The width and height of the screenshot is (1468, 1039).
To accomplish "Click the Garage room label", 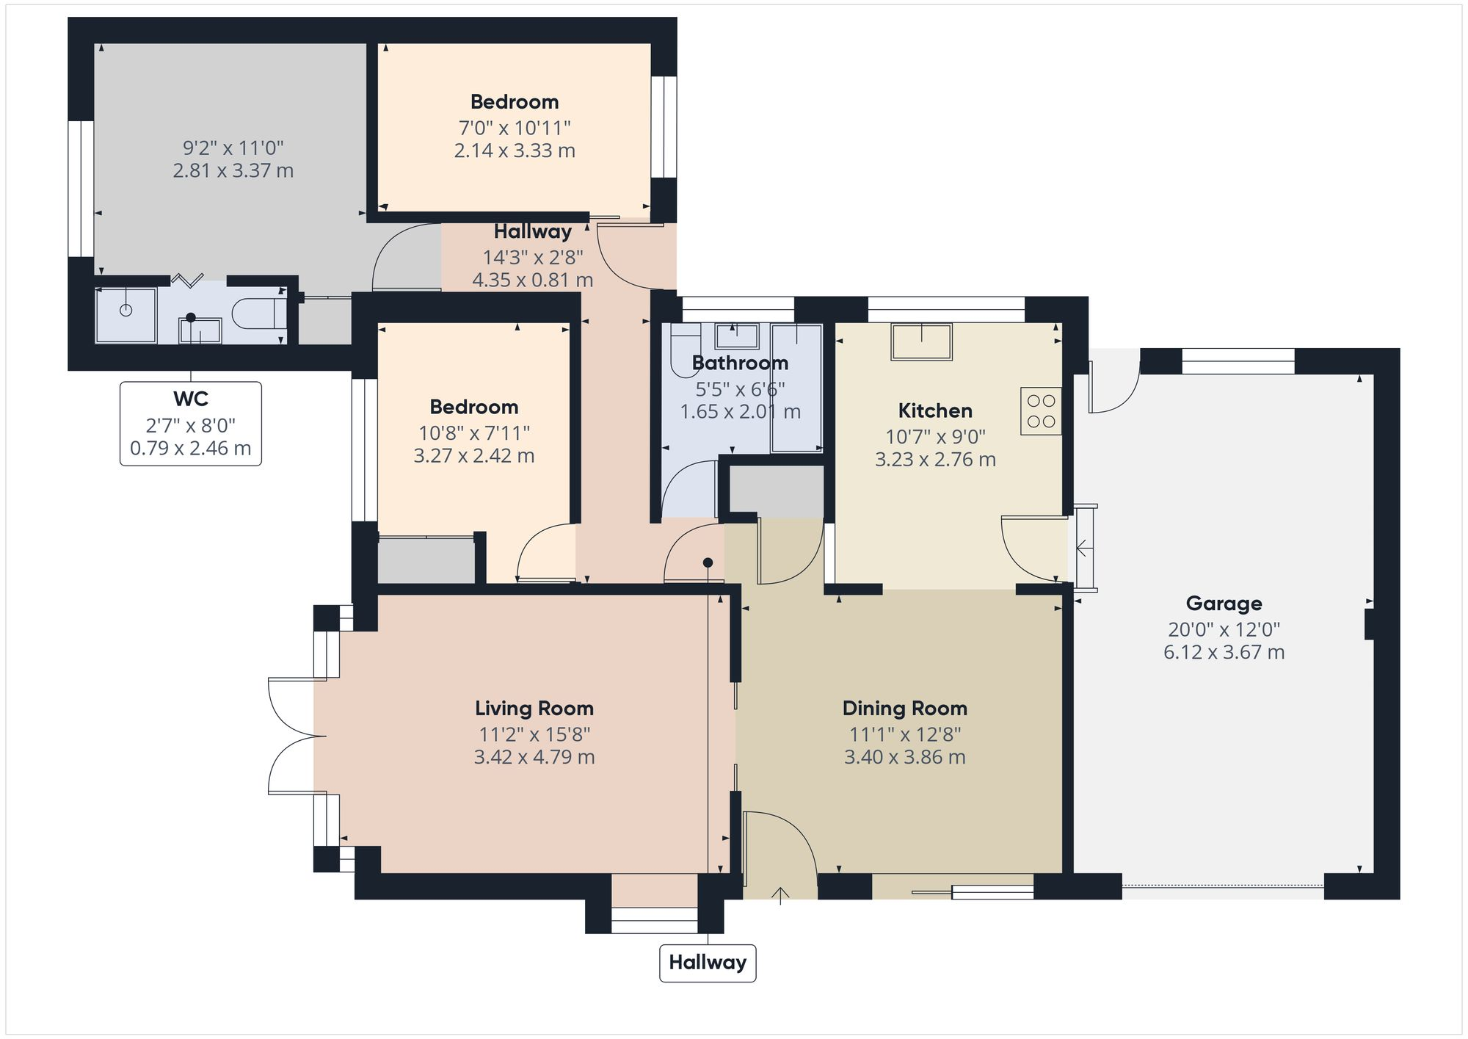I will point(1224,604).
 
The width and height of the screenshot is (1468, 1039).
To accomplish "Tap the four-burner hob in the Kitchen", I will point(1041,411).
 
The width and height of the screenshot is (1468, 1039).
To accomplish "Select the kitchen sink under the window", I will point(921,341).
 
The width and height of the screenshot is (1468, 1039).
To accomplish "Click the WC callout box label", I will point(191,399).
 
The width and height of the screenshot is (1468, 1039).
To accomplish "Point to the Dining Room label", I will point(904,709).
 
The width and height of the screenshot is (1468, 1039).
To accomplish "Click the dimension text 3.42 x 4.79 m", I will point(534,757).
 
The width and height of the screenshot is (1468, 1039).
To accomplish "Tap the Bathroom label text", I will point(740,363).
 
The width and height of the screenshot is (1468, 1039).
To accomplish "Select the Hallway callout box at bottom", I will point(708,962).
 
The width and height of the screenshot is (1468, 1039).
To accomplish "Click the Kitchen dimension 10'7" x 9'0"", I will point(935,437).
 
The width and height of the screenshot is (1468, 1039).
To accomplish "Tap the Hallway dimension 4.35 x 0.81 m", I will point(532,280).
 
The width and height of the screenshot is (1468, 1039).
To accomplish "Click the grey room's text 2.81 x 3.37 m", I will point(233,171).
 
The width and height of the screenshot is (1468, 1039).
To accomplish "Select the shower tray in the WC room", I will point(126,315).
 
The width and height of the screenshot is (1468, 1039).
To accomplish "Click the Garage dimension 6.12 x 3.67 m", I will point(1224,652).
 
